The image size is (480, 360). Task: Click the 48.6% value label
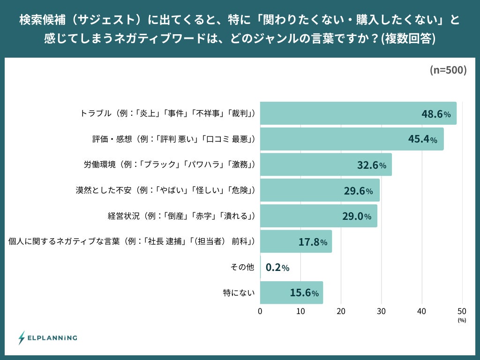pos(436,114)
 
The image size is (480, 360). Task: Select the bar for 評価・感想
pos(352,139)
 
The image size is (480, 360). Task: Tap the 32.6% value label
pos(371,165)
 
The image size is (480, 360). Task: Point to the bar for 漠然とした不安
pos(320,190)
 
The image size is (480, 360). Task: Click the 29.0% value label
pos(356,216)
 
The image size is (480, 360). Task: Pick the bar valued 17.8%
pos(296,241)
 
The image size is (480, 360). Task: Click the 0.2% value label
pos(277,267)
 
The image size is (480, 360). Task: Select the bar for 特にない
pos(291,293)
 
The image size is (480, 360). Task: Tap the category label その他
pos(242,267)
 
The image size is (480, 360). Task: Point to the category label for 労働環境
pos(169,165)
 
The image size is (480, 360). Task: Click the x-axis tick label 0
pos(260,311)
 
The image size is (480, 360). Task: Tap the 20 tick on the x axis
pos(341,311)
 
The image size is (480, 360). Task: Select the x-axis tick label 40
pos(422,311)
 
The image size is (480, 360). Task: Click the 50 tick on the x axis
pos(462,311)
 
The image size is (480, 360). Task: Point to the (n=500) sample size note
pos(448,70)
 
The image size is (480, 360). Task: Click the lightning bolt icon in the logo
pos(22,337)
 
